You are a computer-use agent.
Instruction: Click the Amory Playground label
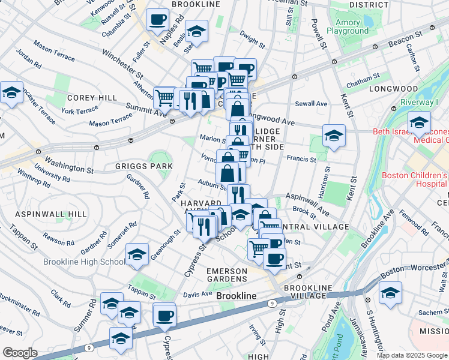348,26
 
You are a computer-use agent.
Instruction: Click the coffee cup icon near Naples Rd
158,19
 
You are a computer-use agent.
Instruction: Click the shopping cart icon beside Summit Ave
164,97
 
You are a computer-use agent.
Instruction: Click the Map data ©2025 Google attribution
411,355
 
